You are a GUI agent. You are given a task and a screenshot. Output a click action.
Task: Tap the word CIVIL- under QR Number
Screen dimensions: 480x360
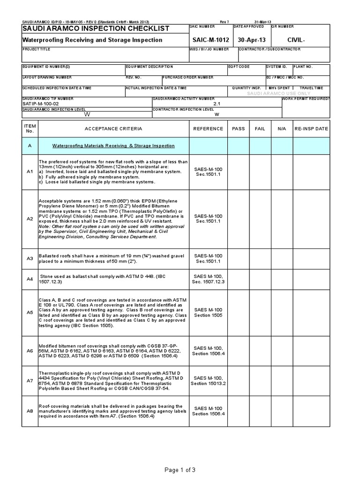(296, 40)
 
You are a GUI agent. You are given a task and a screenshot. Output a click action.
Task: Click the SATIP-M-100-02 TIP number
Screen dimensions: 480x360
(41, 104)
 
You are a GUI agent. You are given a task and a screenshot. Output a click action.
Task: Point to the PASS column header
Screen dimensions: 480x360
(238, 128)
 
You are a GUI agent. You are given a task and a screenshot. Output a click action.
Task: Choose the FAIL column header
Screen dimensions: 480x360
(260, 128)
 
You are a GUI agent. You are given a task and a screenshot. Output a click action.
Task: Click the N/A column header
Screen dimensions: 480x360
(281, 128)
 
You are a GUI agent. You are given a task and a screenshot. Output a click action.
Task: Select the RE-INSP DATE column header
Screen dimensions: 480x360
(311, 128)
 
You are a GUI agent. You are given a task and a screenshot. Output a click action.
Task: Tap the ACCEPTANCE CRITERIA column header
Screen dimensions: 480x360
(113, 128)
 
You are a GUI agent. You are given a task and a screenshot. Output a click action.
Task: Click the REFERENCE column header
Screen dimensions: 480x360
(208, 128)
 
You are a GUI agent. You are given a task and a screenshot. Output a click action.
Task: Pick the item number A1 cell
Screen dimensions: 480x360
(30, 172)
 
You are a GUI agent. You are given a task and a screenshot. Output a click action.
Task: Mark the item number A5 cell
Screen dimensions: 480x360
(30, 312)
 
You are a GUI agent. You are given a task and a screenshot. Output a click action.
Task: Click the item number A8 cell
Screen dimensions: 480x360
(30, 411)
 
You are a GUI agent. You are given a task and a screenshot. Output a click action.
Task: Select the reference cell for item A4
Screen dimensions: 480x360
(208, 279)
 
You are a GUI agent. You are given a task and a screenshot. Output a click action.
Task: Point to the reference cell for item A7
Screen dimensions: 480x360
(208, 381)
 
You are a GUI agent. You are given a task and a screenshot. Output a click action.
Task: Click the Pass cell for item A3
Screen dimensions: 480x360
(238, 258)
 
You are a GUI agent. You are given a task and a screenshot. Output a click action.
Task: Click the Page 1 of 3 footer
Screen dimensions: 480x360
(180, 470)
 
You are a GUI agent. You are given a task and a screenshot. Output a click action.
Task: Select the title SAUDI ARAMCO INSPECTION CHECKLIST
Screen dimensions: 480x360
(96, 29)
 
